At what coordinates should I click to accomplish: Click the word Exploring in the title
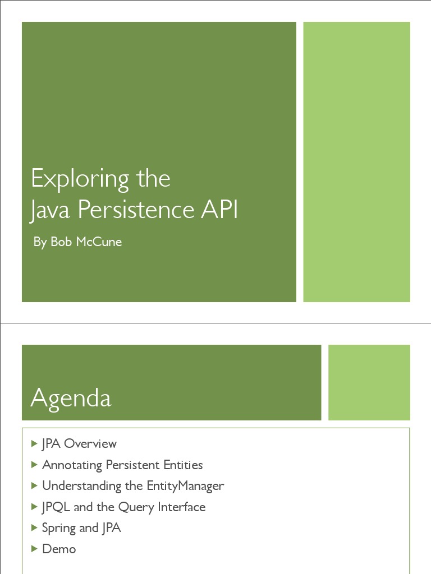pyautogui.click(x=80, y=179)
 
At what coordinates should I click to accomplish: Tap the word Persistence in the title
pyautogui.click(x=136, y=210)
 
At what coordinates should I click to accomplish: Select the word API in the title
pyautogui.click(x=219, y=210)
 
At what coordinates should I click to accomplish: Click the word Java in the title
pyautogui.click(x=50, y=211)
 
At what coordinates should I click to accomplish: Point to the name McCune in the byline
pyautogui.click(x=99, y=242)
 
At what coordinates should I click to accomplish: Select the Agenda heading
pyautogui.click(x=71, y=399)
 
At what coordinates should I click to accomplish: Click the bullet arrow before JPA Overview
pyautogui.click(x=34, y=444)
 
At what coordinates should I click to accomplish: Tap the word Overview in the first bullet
pyautogui.click(x=90, y=444)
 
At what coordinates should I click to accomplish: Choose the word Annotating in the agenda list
pyautogui.click(x=72, y=465)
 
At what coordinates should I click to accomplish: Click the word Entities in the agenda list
pyautogui.click(x=183, y=465)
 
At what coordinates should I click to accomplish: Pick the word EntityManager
pyautogui.click(x=185, y=486)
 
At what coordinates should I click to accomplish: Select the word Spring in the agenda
pyautogui.click(x=59, y=529)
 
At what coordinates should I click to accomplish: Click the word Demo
pyautogui.click(x=59, y=549)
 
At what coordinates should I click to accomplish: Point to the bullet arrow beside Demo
pyautogui.click(x=34, y=549)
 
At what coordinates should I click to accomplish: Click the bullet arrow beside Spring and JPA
pyautogui.click(x=34, y=528)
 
